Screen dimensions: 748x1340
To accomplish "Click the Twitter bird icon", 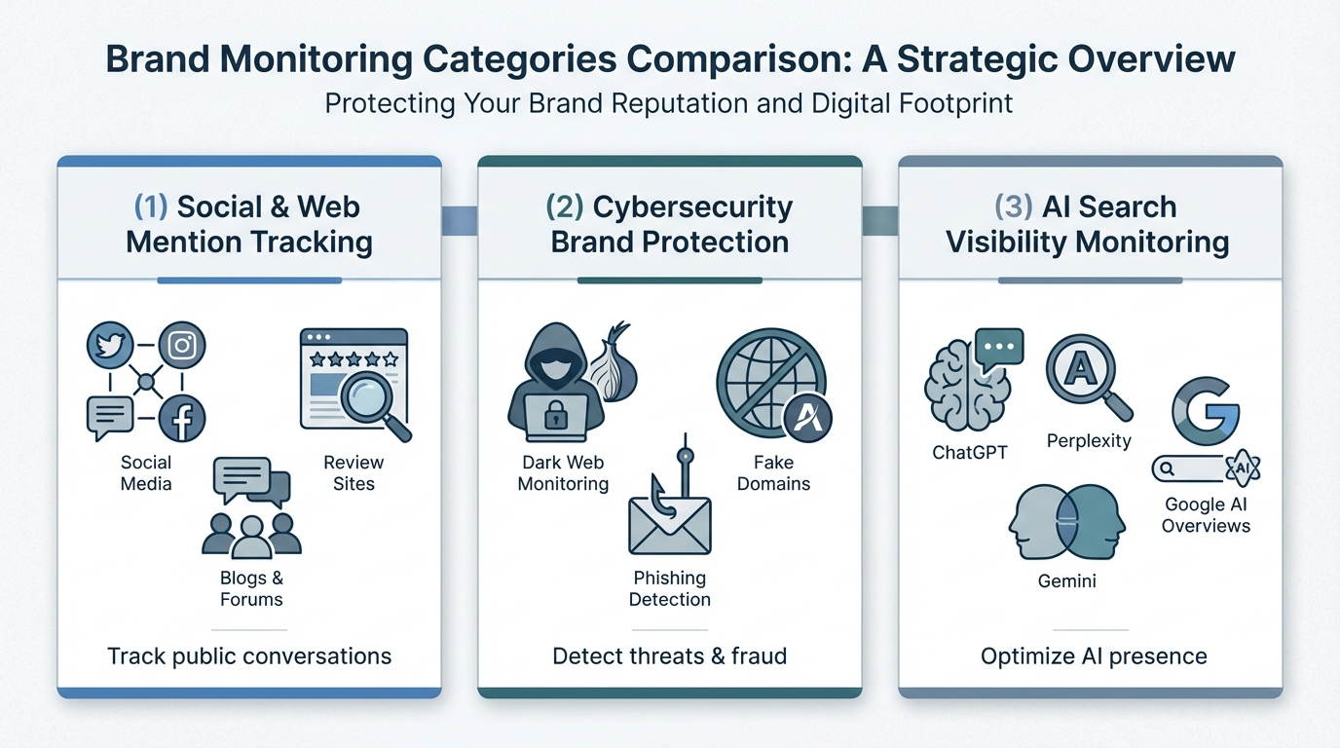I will (x=109, y=346).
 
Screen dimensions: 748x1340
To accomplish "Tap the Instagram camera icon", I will (x=181, y=346).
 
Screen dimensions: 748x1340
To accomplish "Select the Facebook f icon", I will (x=181, y=419).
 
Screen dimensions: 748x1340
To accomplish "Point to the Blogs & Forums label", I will (x=251, y=589).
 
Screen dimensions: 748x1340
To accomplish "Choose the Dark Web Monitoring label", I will (x=563, y=473).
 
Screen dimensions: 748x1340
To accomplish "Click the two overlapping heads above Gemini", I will (x=1066, y=523).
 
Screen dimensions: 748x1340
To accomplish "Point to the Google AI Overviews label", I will (x=1206, y=515).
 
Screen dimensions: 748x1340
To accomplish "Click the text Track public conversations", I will (x=249, y=656).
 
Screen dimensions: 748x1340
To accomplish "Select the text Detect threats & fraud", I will (x=669, y=656).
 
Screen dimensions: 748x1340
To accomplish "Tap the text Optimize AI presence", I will (x=1094, y=656).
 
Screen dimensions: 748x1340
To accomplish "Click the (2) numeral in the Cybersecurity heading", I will (x=565, y=207).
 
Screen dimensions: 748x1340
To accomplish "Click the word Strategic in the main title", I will (x=975, y=59).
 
